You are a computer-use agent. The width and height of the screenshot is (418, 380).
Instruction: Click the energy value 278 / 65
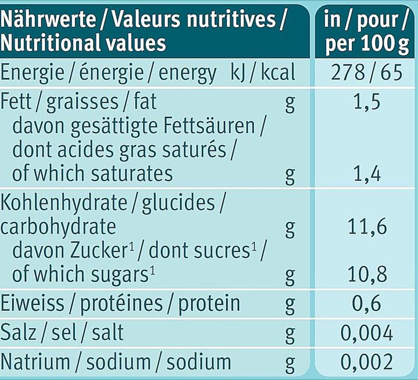(366, 73)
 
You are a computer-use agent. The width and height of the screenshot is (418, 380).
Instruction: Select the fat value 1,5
(366, 103)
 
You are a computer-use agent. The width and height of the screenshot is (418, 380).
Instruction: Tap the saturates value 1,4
(366, 174)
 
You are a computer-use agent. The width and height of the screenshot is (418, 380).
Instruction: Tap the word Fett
(16, 103)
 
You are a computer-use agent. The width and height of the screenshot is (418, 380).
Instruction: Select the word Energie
(32, 73)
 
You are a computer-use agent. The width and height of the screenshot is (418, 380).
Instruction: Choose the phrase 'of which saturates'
(92, 174)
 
